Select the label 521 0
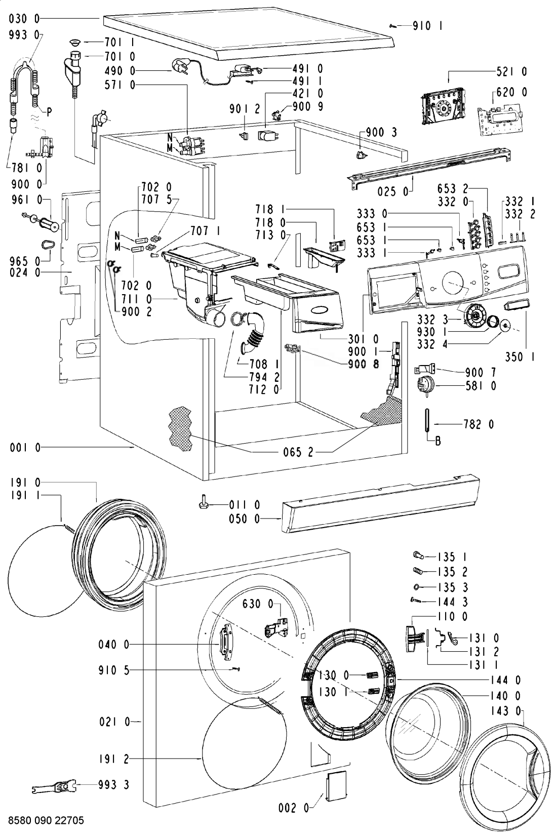pyautogui.click(x=511, y=71)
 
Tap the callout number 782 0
pyautogui.click(x=479, y=424)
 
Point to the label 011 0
pyautogui.click(x=245, y=505)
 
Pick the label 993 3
pyautogui.click(x=113, y=785)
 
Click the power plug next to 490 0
pyautogui.click(x=178, y=66)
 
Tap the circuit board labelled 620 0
pyautogui.click(x=499, y=117)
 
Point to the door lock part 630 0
pyautogui.click(x=275, y=629)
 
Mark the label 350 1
pyautogui.click(x=520, y=356)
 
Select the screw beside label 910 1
pyautogui.click(x=393, y=26)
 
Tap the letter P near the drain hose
pyautogui.click(x=49, y=111)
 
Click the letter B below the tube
pyautogui.click(x=438, y=441)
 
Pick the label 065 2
pyautogui.click(x=298, y=452)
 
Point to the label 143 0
pyautogui.click(x=506, y=711)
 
